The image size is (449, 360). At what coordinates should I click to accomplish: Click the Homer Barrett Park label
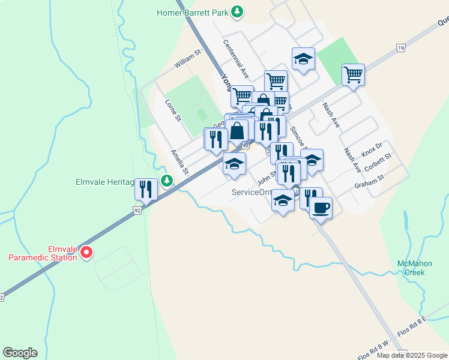[x=193, y=12]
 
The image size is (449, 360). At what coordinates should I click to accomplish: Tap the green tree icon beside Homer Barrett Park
[x=238, y=11]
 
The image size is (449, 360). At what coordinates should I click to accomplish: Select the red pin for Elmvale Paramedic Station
[x=86, y=253]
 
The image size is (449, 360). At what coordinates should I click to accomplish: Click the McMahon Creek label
[x=411, y=268]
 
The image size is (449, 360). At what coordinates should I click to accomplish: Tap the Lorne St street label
[x=173, y=110]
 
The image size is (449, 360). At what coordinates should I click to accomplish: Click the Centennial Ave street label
[x=236, y=59]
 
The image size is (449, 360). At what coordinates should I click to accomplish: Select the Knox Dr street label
[x=372, y=148]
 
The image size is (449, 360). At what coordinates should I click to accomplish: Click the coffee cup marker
[x=321, y=208]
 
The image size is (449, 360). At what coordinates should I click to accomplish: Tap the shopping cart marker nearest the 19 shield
[x=354, y=75]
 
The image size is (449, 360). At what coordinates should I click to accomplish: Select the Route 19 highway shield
[x=401, y=47]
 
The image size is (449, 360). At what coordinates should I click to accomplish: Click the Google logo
[x=20, y=353]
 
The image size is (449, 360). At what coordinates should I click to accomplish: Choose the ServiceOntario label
[x=252, y=193]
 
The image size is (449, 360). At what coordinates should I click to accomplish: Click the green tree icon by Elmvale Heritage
[x=167, y=181]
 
